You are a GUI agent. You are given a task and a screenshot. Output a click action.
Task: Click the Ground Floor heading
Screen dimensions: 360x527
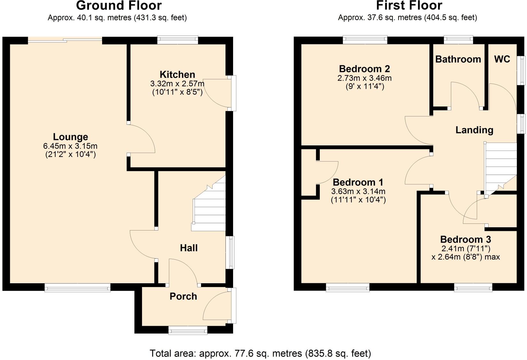pos(119,5)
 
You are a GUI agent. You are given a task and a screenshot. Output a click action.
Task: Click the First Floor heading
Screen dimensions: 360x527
pos(409,5)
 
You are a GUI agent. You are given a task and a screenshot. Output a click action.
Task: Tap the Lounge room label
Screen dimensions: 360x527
pos(70,137)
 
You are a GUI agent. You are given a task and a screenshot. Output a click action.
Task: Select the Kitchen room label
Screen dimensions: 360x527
pos(177,74)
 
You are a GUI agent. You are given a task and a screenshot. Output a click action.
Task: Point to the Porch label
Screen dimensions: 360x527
pos(183,296)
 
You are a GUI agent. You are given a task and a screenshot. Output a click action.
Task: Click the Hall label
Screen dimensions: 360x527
pos(189,248)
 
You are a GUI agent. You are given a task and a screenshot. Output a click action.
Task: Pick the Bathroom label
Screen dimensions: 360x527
pos(458,59)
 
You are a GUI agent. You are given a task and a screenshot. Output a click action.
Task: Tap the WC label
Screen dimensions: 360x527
pos(502,59)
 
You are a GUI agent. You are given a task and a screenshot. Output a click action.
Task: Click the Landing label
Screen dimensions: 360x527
pos(474,130)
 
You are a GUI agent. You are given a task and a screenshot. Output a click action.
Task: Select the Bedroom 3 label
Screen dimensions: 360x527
pos(466,239)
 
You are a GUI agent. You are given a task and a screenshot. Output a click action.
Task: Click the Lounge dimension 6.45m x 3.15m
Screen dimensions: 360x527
pos(70,146)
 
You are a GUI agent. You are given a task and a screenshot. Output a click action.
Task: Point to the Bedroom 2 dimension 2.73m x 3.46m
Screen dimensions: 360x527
pos(365,78)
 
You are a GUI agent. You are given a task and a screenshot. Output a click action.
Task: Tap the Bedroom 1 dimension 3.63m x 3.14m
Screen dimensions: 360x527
pos(358,192)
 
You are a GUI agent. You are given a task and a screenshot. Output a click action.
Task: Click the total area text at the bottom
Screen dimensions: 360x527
pos(260,353)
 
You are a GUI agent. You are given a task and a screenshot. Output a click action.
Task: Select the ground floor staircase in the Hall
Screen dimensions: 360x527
pos(209,208)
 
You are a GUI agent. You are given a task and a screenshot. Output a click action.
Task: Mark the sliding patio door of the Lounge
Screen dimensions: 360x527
pos(65,40)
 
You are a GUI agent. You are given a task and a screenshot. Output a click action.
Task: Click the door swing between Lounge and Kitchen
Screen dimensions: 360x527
pos(141,139)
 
